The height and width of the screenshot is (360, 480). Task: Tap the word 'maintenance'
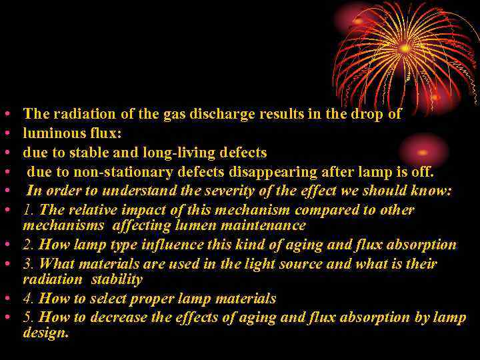click(x=264, y=226)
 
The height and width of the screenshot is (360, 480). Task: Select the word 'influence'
click(x=161, y=245)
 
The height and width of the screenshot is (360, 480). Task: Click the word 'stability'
click(x=117, y=279)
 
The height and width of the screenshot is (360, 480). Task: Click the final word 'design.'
click(x=45, y=333)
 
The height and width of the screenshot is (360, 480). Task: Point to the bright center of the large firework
click(x=405, y=48)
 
